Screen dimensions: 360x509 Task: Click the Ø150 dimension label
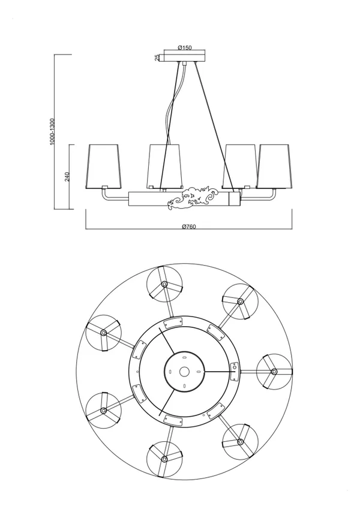tap(185, 47)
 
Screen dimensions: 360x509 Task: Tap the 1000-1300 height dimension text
tap(53, 131)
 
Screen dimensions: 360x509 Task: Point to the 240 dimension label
tap(68, 177)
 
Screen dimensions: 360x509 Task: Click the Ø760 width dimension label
tap(189, 227)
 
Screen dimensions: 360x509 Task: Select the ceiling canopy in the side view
tap(185, 58)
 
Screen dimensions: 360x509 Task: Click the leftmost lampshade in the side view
tap(103, 166)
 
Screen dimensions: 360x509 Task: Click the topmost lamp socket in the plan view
tap(164, 285)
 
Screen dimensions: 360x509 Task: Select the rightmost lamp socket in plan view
tap(274, 371)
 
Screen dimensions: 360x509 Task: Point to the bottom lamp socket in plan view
tap(164, 459)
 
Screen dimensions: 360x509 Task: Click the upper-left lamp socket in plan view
tap(103, 333)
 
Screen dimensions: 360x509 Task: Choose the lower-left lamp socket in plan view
tap(103, 410)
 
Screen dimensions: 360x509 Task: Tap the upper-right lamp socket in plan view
tap(240, 302)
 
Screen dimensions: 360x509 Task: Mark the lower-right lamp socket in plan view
tap(241, 441)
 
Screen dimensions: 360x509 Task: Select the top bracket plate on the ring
tap(173, 323)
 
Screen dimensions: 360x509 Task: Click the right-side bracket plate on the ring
tap(234, 372)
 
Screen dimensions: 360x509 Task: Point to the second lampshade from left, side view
tap(164, 166)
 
